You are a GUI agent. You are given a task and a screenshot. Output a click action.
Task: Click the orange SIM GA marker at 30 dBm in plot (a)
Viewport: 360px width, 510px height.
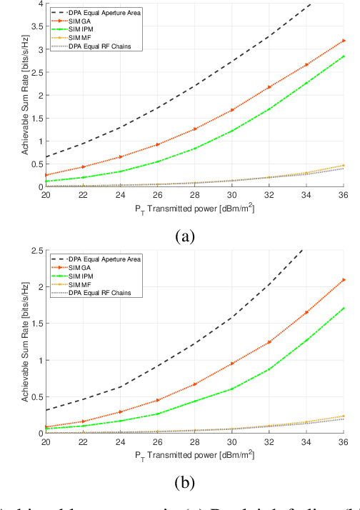(233, 110)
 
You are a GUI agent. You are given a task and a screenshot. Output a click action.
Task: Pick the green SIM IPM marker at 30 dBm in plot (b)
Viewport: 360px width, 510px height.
(233, 389)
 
